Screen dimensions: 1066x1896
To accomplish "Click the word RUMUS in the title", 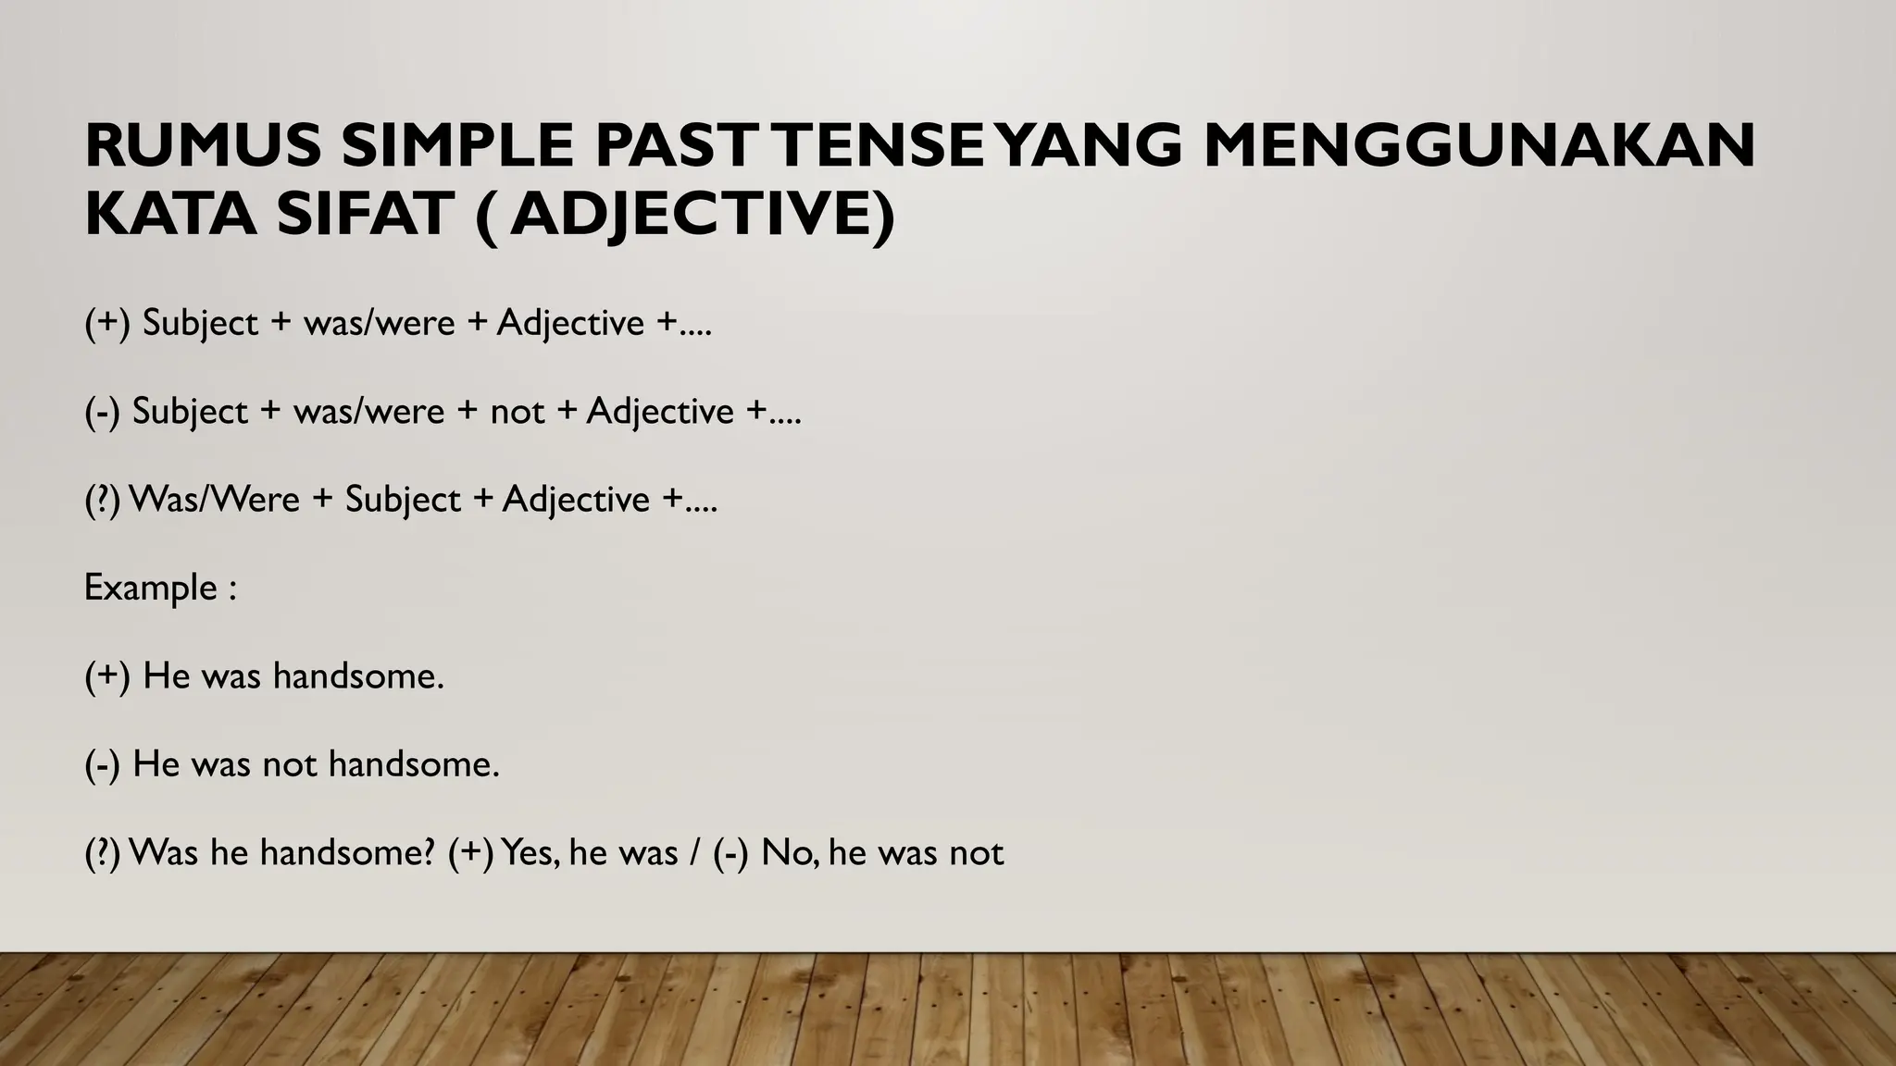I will click(203, 145).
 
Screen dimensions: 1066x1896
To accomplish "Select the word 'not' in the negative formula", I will click(517, 411).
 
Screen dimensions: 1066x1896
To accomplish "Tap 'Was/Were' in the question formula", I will click(215, 500).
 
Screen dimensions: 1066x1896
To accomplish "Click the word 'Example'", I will click(150, 588).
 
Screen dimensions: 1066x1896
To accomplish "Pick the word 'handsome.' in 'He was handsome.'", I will click(358, 676).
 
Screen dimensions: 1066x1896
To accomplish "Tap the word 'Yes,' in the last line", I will click(530, 852).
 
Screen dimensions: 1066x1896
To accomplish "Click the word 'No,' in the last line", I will click(790, 852).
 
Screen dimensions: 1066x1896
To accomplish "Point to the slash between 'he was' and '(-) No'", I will click(693, 852).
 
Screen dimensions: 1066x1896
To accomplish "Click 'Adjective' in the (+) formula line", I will click(570, 323).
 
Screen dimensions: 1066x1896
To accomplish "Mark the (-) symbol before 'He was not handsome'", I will click(102, 764).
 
